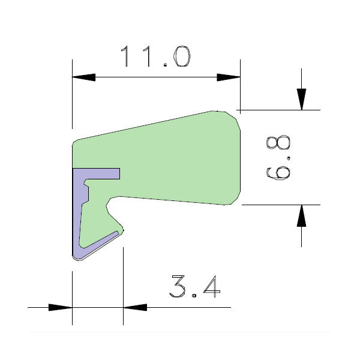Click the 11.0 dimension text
pyautogui.click(x=156, y=56)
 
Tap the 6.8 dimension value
pyautogui.click(x=278, y=157)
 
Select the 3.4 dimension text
pyautogui.click(x=194, y=287)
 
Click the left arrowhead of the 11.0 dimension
pyautogui.click(x=84, y=77)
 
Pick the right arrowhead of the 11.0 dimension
pyautogui.click(x=229, y=77)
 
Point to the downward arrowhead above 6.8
pyautogui.click(x=301, y=99)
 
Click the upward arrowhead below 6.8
pyautogui.click(x=301, y=216)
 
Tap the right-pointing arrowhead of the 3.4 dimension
pyautogui.click(x=61, y=307)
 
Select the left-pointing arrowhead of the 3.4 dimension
pyautogui.click(x=135, y=307)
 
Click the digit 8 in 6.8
pyautogui.click(x=278, y=142)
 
